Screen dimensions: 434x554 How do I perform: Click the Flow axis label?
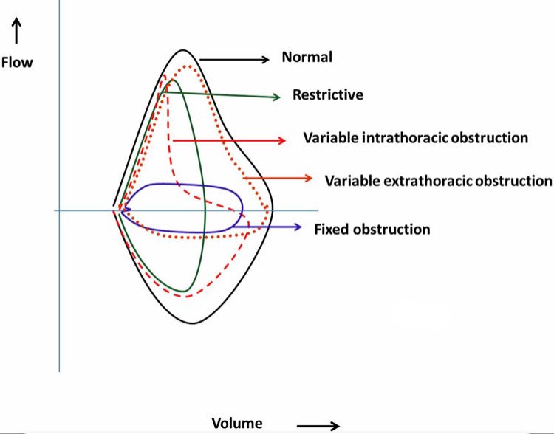pyautogui.click(x=17, y=62)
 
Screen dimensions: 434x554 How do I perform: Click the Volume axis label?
pyautogui.click(x=236, y=423)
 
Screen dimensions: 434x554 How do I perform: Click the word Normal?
pyautogui.click(x=307, y=57)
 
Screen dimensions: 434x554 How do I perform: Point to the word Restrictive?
pyautogui.click(x=328, y=94)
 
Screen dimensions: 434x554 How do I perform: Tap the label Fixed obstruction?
pyautogui.click(x=372, y=229)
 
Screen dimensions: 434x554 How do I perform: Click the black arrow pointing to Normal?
pyautogui.click(x=234, y=59)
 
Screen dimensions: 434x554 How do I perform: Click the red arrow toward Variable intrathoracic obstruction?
pyautogui.click(x=229, y=139)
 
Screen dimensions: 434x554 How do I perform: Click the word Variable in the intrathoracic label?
pyautogui.click(x=328, y=137)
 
